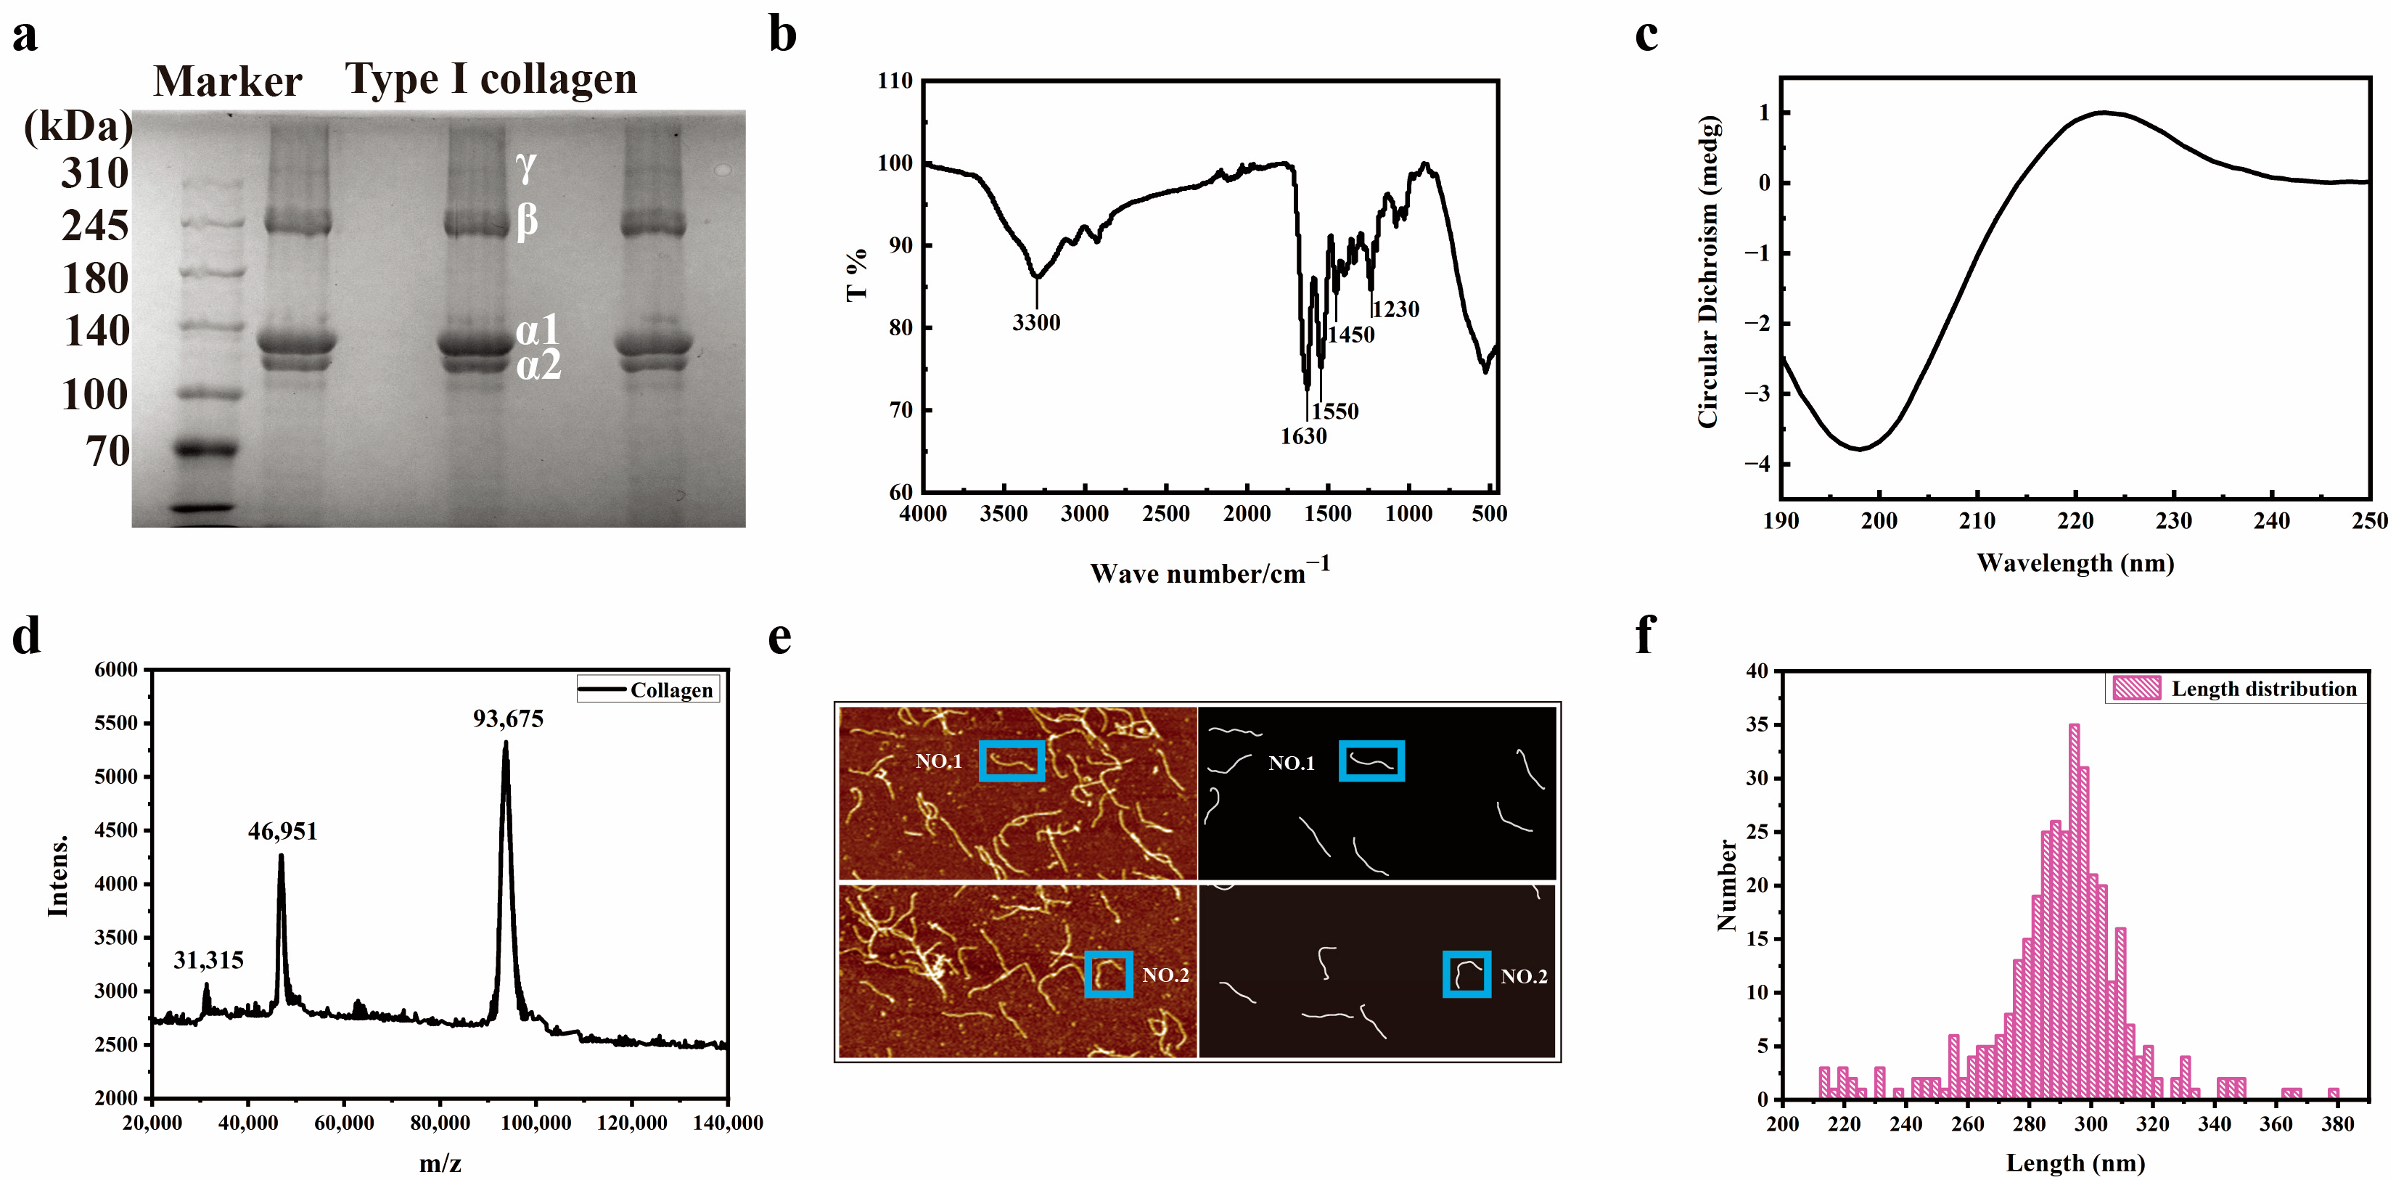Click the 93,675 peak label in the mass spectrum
508,719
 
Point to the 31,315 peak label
208,960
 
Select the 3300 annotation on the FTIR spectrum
1036,323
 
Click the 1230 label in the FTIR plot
1396,310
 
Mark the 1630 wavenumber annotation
1303,436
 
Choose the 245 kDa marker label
95,226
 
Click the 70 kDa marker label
108,452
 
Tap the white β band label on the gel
528,221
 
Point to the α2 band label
538,366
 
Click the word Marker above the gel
228,82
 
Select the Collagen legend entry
648,690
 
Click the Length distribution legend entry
2236,689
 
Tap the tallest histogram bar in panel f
2074,912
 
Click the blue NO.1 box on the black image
1371,761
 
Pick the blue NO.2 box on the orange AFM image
1109,974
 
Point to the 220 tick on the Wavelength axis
2075,521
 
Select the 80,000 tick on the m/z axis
440,1123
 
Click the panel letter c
1646,36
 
